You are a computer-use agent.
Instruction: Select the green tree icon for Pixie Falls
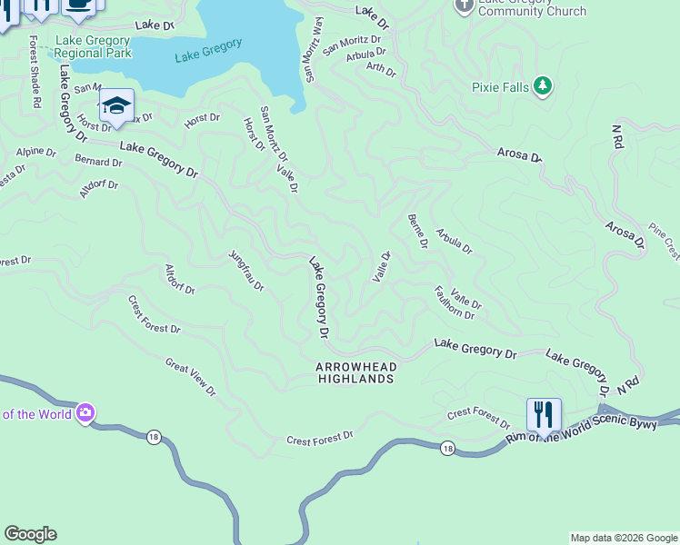pos(543,85)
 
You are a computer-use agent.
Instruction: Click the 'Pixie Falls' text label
pos(501,87)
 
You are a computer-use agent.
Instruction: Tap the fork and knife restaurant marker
pos(544,416)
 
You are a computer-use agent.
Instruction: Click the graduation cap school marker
pos(116,105)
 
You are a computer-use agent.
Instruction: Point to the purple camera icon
pos(85,413)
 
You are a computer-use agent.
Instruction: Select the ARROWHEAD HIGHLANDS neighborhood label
pos(355,372)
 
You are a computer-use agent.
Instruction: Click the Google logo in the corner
pos(30,534)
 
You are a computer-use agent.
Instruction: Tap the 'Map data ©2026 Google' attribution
pos(624,538)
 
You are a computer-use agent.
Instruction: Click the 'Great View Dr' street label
pos(191,377)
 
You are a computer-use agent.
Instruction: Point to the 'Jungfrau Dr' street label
pos(245,270)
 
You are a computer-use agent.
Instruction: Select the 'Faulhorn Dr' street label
pos(454,302)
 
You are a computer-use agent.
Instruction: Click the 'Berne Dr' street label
pos(417,231)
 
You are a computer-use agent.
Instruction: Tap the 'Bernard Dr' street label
pos(98,162)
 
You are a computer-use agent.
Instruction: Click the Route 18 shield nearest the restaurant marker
pos(446,448)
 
